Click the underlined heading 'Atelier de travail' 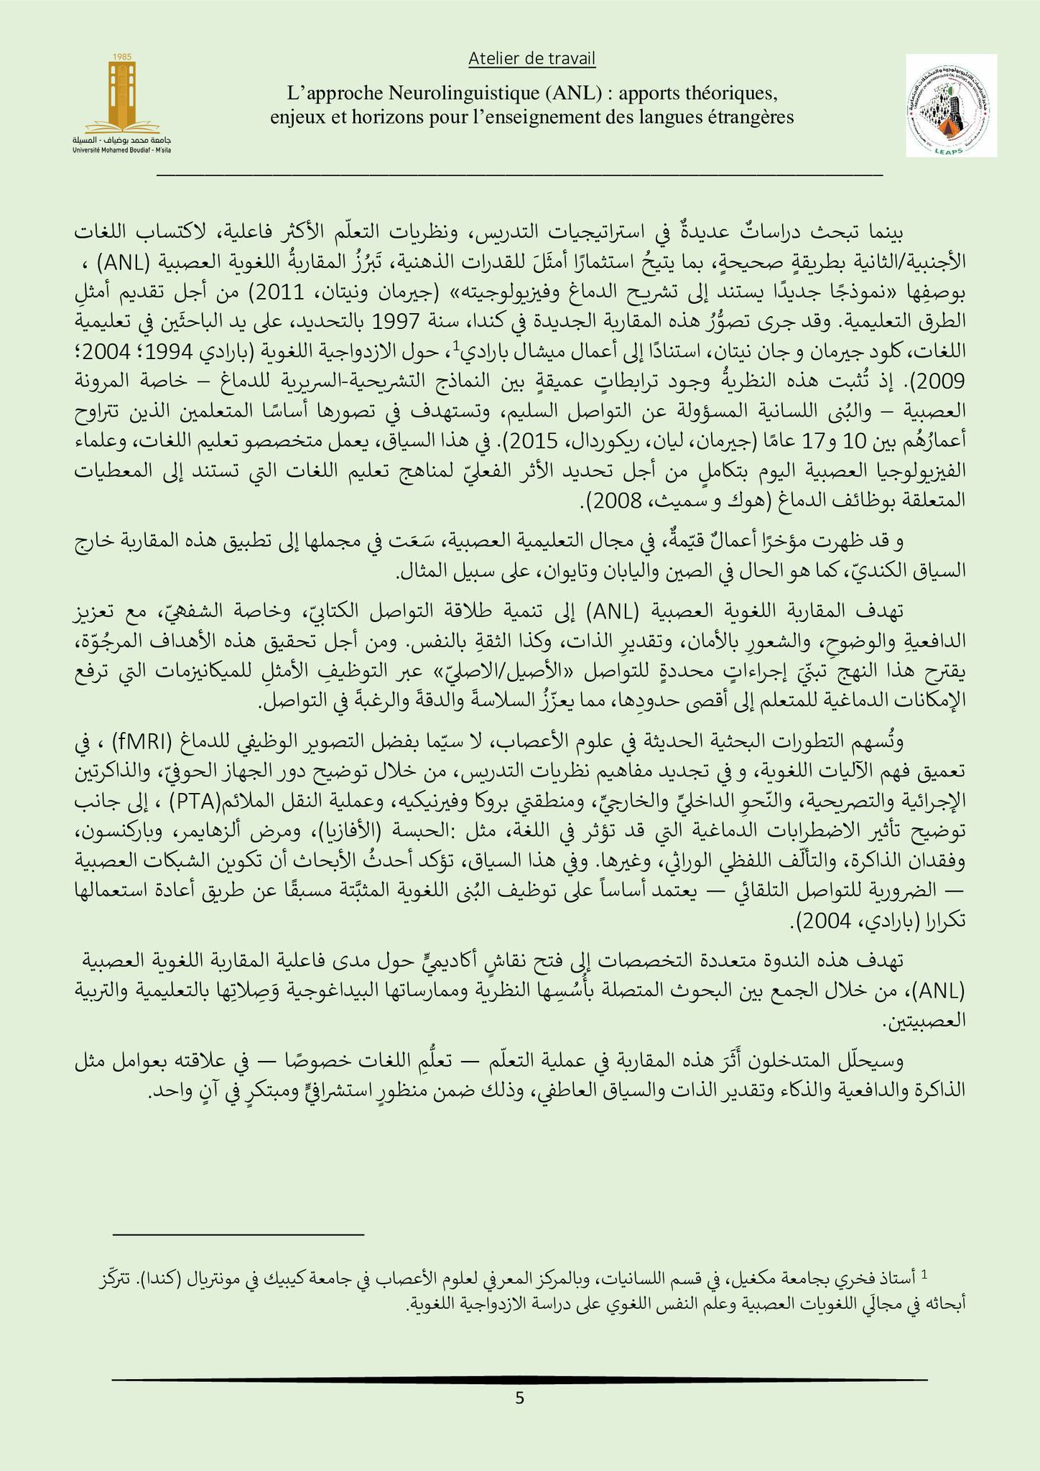click(531, 60)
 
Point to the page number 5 click(520, 1398)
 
